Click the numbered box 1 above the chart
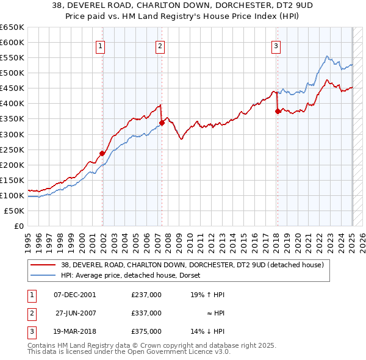coord(99,45)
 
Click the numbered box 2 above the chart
coord(160,45)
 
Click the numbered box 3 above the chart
coord(276,45)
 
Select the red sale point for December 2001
coord(102,153)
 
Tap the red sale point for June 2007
coord(162,123)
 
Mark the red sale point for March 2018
coord(278,111)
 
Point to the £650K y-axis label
coord(12,27)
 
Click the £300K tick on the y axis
coord(12,134)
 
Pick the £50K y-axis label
coord(15,211)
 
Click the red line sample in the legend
coord(43,265)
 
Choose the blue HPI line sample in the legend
coord(43,276)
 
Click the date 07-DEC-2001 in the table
coord(74,295)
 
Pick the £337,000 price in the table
coord(146,313)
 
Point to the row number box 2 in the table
coord(31,313)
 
